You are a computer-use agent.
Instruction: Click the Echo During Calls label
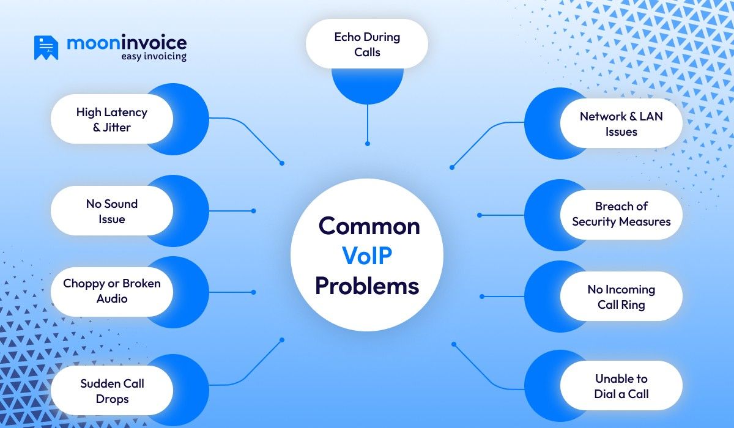(x=367, y=44)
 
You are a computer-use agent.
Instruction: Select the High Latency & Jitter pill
(x=111, y=119)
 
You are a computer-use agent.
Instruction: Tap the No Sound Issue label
(x=111, y=211)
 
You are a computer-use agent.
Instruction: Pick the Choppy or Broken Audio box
(x=111, y=291)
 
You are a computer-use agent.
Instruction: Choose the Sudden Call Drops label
(x=111, y=391)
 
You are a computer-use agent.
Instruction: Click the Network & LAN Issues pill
(x=621, y=124)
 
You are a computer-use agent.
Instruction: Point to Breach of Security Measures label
(x=621, y=214)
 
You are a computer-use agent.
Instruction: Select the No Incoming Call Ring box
(x=621, y=297)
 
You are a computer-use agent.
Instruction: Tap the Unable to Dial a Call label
(x=621, y=386)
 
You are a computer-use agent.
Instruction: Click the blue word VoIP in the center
(x=367, y=256)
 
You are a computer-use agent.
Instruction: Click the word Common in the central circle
(x=369, y=226)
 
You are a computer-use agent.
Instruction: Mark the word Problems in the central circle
(x=367, y=286)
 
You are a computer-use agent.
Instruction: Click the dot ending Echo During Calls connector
(x=368, y=144)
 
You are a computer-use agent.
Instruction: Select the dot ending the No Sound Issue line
(x=253, y=211)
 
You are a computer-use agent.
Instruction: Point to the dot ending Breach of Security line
(x=480, y=215)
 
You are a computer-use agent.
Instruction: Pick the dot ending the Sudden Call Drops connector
(x=282, y=340)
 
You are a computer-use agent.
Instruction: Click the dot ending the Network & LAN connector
(x=452, y=167)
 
